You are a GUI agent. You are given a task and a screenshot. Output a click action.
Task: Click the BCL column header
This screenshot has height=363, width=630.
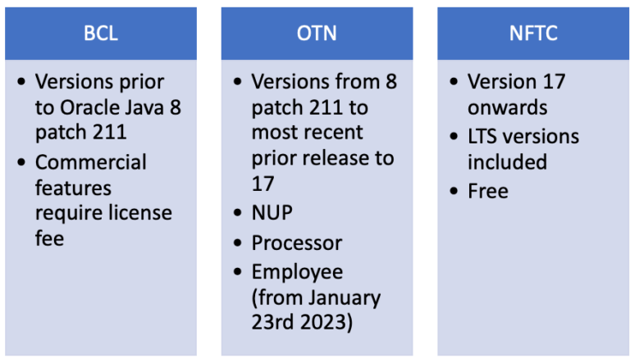pos(101,34)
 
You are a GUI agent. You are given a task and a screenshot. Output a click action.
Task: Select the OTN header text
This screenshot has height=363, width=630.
pos(316,34)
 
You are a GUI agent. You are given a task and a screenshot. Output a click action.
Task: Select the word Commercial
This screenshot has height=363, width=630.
pos(90,161)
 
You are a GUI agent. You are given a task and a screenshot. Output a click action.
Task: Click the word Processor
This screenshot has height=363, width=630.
pos(296,243)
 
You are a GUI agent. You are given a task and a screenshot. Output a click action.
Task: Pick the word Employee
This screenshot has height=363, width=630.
pos(297,270)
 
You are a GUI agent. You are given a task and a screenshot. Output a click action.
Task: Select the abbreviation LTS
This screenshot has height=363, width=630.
pos(485,135)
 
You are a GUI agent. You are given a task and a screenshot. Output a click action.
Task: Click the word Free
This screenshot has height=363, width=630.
pos(488,191)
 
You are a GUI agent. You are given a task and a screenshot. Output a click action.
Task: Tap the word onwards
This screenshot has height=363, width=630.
pos(507,107)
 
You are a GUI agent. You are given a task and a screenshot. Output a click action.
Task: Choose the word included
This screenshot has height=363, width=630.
pos(507,161)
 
